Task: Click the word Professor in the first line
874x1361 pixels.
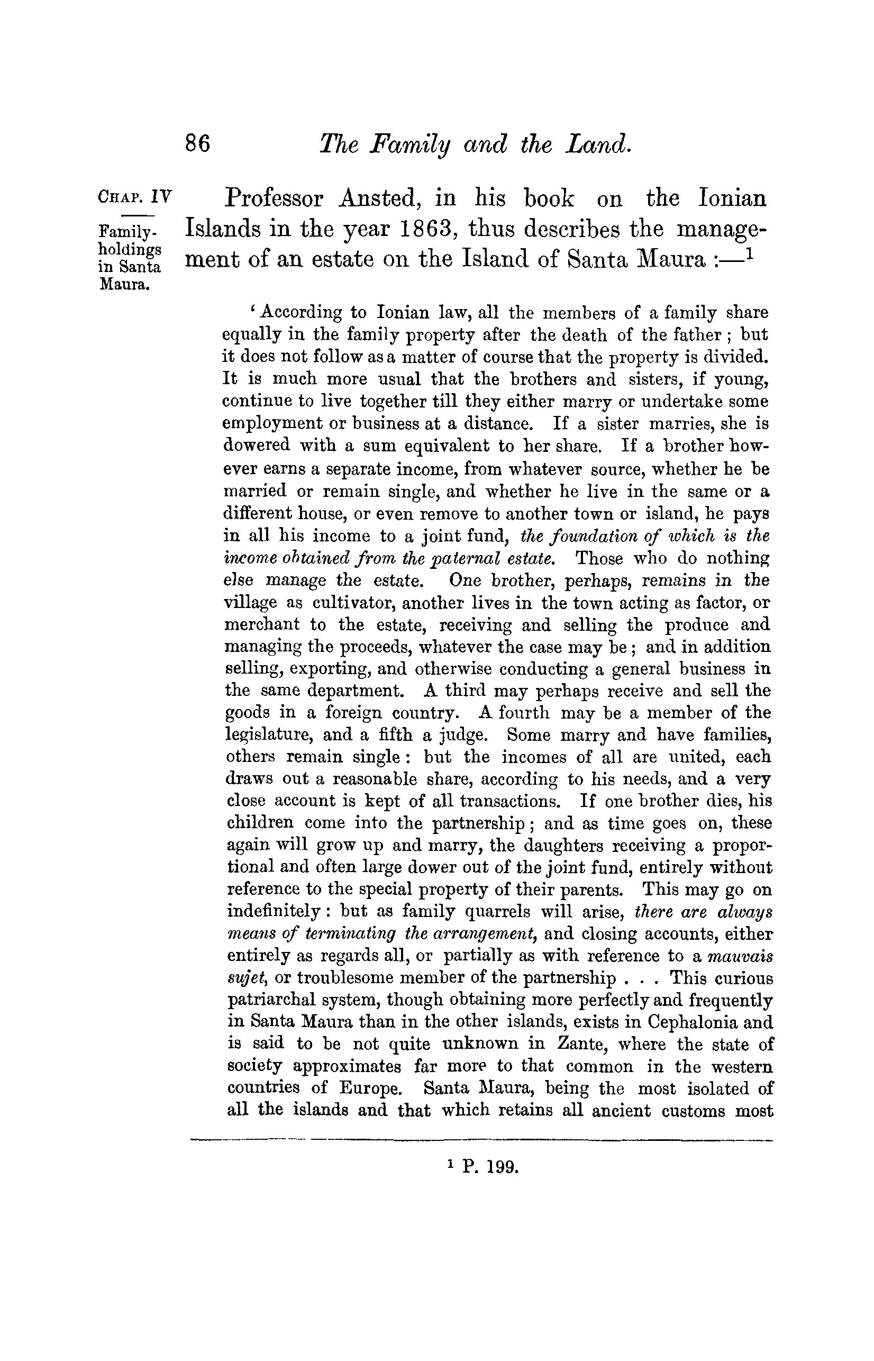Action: click(274, 199)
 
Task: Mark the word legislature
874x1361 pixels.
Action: click(269, 735)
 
